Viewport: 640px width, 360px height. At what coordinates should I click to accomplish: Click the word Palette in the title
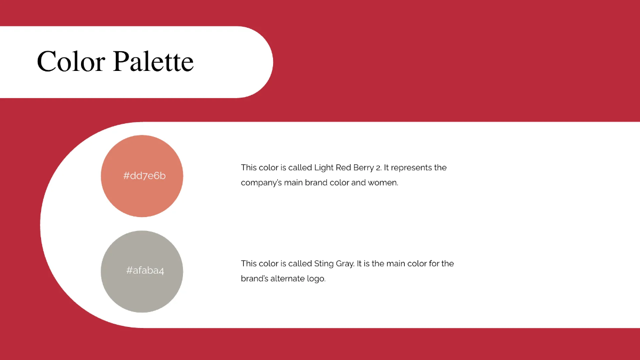click(x=154, y=61)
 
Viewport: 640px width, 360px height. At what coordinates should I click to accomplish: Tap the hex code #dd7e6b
click(x=145, y=175)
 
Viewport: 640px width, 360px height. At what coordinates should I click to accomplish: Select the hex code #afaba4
click(x=145, y=270)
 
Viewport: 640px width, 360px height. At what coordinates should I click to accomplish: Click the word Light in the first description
click(x=324, y=167)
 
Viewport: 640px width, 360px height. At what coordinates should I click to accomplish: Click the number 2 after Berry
click(x=378, y=167)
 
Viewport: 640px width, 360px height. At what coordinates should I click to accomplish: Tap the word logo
click(x=316, y=279)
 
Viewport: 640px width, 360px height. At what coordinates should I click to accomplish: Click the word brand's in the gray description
click(x=254, y=278)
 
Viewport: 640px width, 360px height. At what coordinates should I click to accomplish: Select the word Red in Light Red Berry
click(x=343, y=167)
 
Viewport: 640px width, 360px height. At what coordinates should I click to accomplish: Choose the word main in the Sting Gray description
click(x=397, y=263)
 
